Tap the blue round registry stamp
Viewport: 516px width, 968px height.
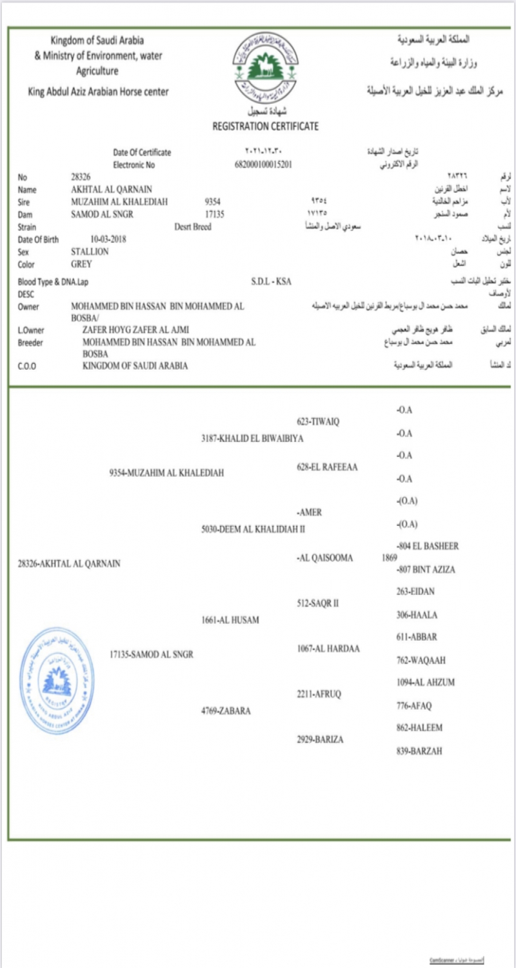56,681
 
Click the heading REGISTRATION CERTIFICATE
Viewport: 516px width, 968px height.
265,126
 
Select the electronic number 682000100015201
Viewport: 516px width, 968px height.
264,165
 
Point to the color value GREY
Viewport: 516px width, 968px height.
81,264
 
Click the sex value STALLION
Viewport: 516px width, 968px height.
90,252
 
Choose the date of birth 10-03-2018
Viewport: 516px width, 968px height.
108,239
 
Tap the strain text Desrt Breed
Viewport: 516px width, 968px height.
193,227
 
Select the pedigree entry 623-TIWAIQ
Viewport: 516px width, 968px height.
318,421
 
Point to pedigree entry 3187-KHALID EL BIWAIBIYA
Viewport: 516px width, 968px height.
252,438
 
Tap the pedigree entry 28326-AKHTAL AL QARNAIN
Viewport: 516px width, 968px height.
69,563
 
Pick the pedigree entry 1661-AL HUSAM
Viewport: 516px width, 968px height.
230,620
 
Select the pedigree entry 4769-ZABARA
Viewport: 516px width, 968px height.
226,711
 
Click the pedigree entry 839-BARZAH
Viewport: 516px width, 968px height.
419,751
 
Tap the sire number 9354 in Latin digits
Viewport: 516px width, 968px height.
213,202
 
